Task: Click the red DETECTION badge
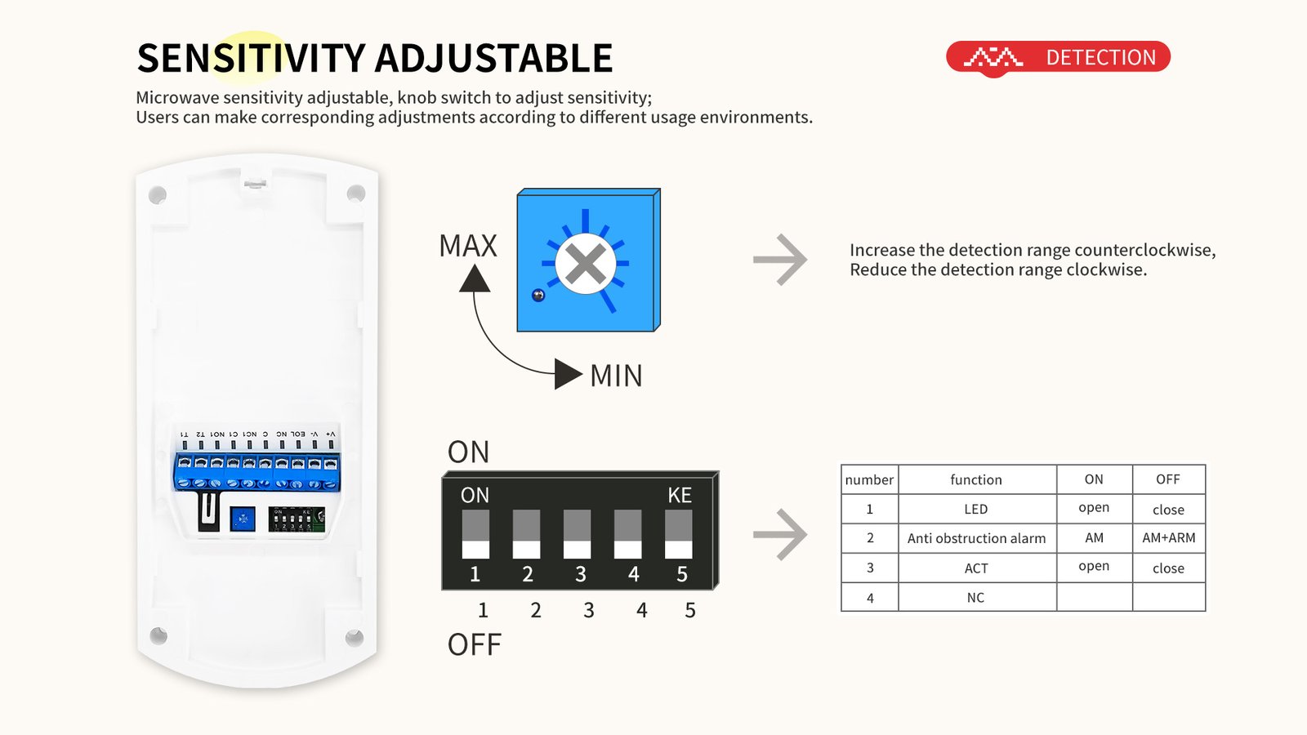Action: click(x=1059, y=57)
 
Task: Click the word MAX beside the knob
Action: click(x=468, y=246)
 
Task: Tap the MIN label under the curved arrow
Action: click(x=616, y=376)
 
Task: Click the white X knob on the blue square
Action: click(x=585, y=264)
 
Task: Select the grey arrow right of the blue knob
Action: click(x=780, y=260)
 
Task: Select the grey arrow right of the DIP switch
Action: click(x=780, y=535)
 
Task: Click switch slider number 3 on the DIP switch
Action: click(x=577, y=534)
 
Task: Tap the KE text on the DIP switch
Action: click(x=679, y=495)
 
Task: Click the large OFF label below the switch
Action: click(x=474, y=644)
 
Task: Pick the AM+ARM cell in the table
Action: click(x=1168, y=538)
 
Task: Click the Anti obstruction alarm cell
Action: click(x=976, y=538)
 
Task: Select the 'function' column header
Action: click(x=976, y=479)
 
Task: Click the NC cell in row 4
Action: click(x=976, y=598)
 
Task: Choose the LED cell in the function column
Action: click(x=976, y=509)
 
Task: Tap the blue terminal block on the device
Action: click(x=256, y=473)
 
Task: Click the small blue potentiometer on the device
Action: click(x=243, y=519)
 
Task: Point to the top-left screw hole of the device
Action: click(x=158, y=194)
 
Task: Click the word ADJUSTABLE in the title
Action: click(x=493, y=58)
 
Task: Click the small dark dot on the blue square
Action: click(x=538, y=295)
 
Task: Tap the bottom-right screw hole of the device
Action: click(x=355, y=637)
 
